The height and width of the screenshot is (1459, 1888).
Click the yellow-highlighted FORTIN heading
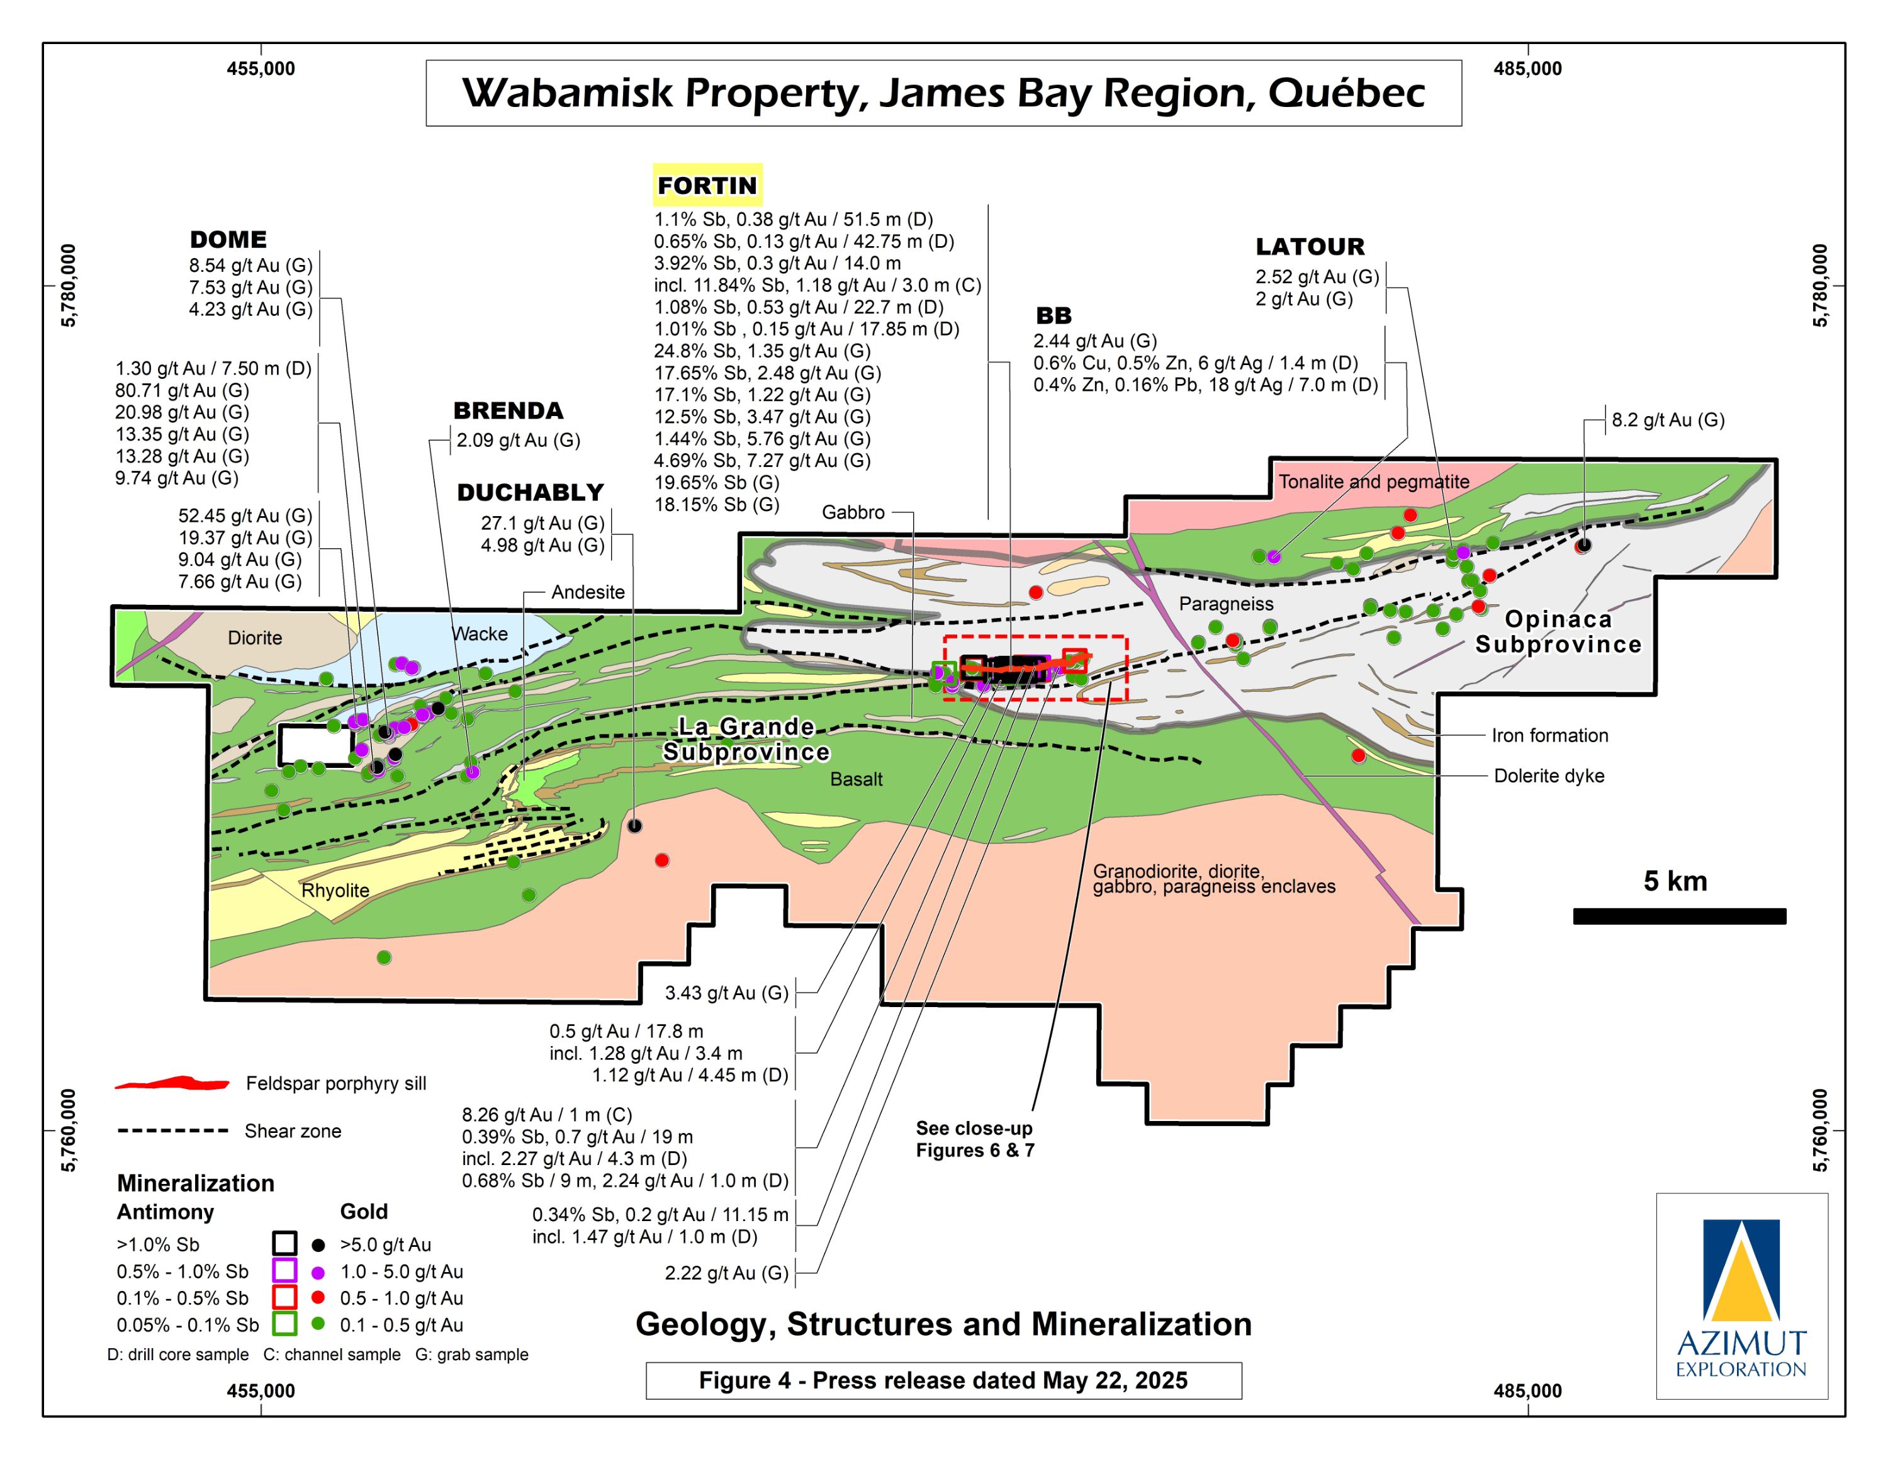click(707, 185)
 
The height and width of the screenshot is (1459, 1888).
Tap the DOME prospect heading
click(228, 239)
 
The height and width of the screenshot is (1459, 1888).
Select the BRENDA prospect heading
click(509, 410)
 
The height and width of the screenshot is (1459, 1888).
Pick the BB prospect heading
click(1053, 315)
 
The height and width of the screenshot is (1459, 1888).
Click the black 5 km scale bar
click(1679, 916)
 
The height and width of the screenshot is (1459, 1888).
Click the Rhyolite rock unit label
click(335, 890)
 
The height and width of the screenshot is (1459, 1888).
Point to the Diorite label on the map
click(254, 638)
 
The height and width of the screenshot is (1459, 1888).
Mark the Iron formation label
click(1549, 736)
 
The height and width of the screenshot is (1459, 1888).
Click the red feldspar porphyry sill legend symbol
click(172, 1083)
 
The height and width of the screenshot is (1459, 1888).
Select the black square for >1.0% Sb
click(284, 1244)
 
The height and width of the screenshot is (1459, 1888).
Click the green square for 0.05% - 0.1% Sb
click(284, 1324)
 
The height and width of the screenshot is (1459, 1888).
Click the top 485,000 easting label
click(1527, 69)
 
